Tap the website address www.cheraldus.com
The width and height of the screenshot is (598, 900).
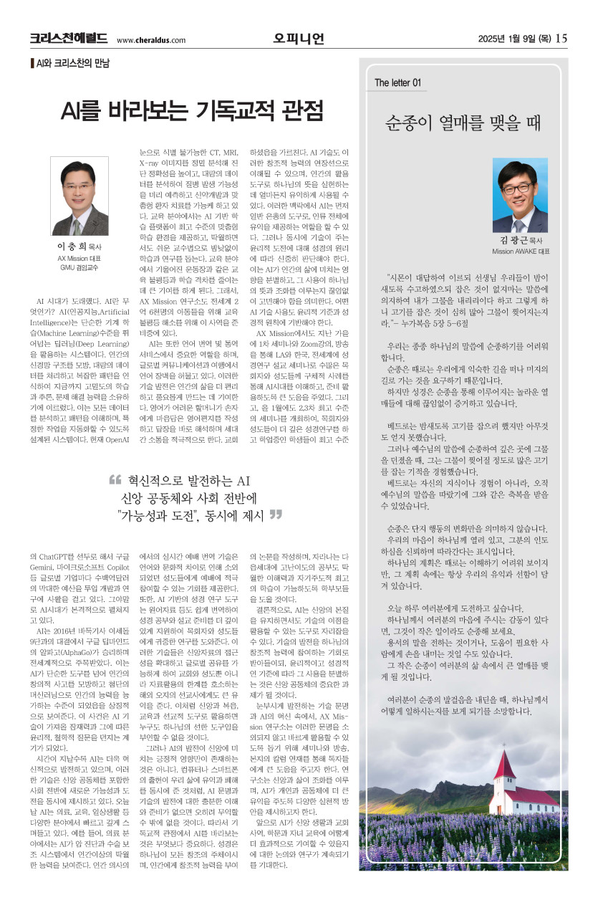tap(150, 41)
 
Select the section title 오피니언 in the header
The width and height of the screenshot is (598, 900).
tap(299, 38)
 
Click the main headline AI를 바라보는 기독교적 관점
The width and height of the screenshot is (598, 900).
tap(193, 111)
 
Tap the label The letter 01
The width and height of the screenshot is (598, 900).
tap(397, 83)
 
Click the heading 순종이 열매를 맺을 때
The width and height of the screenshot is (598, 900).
tap(473, 122)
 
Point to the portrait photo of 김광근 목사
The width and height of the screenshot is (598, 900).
tap(521, 194)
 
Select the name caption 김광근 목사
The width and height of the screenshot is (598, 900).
tap(521, 240)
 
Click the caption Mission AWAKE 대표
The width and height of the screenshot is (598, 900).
tap(521, 252)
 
